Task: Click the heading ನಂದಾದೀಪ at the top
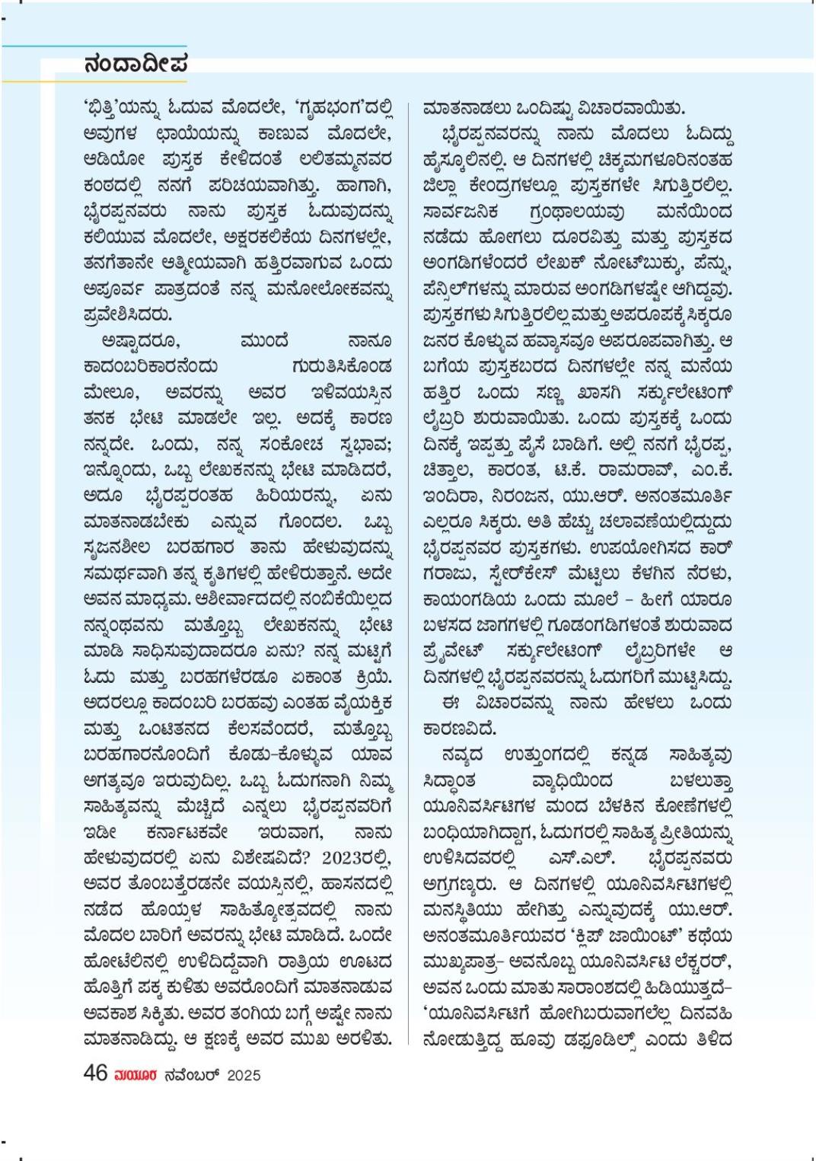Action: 135,64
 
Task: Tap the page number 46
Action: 95,1073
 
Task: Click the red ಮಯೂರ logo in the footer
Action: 135,1075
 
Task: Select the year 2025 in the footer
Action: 244,1075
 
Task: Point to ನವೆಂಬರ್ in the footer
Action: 191,1075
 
